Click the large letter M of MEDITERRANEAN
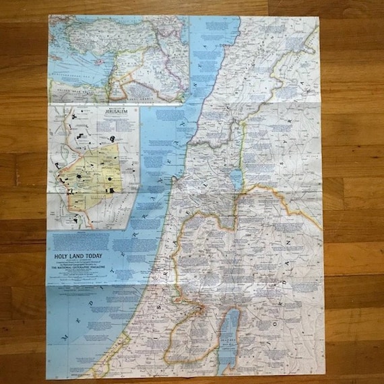[65, 335]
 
